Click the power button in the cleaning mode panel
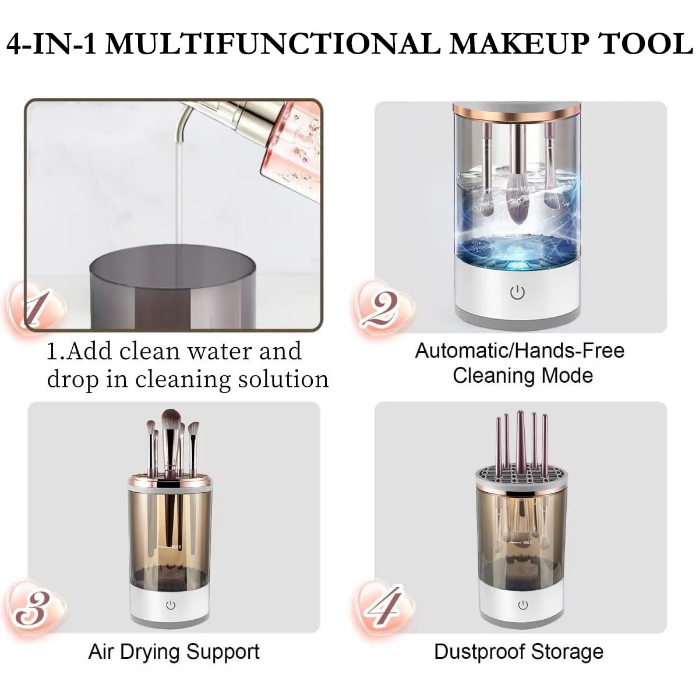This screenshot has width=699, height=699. (517, 292)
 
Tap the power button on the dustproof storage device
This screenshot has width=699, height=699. (523, 605)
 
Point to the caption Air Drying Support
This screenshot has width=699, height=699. (174, 651)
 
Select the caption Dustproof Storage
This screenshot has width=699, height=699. (518, 651)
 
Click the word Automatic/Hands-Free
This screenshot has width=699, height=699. (519, 351)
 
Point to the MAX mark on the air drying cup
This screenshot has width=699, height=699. (176, 547)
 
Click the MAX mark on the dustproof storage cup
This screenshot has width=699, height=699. (527, 542)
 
